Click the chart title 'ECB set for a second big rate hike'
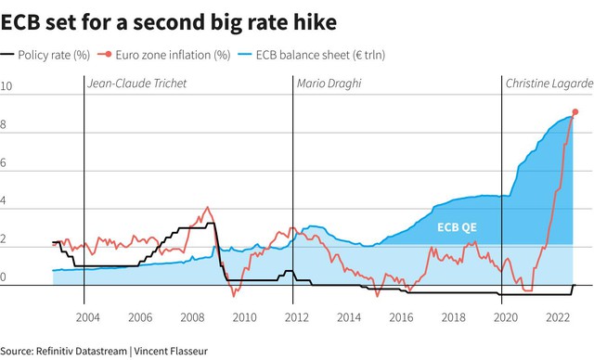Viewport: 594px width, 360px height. coord(169,22)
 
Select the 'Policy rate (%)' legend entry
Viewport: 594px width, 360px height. coord(45,55)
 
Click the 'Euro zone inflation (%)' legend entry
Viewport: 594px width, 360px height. coord(164,55)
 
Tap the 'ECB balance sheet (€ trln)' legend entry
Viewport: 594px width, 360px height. coord(312,55)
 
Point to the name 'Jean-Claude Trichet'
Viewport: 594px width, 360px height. coord(136,84)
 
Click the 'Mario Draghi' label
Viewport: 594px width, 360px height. coord(329,84)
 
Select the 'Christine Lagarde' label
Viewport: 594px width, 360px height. coord(549,84)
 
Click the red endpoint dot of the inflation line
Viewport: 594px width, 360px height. coord(575,111)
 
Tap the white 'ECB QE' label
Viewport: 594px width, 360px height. coord(457,227)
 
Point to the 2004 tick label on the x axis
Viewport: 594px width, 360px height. coord(87,317)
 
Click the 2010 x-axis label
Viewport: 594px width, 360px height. coord(244,317)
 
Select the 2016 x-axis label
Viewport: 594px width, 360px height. coord(401,317)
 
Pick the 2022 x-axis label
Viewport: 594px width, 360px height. coord(558,317)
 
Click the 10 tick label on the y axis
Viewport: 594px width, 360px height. coord(6,86)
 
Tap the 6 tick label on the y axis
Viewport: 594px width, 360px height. coord(3,162)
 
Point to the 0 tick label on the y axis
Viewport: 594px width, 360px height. coord(3,277)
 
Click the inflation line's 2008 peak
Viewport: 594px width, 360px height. coord(207,207)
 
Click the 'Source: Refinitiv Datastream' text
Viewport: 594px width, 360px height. coord(64,351)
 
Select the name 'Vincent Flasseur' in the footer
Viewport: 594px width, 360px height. coord(171,351)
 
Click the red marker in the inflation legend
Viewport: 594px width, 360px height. coord(108,54)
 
